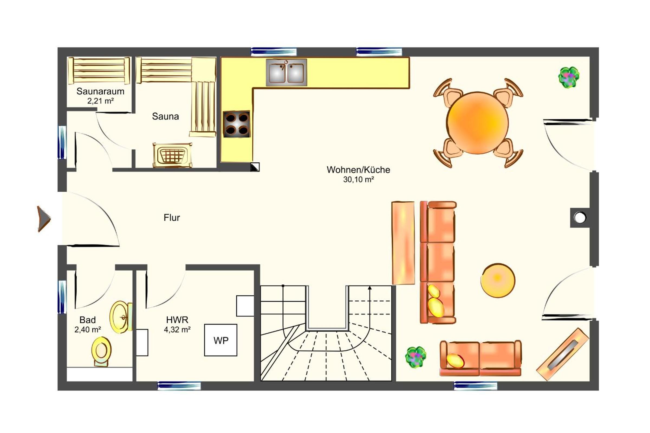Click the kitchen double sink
286,72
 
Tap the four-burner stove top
236,124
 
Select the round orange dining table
477,123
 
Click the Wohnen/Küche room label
358,170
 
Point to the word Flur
172,218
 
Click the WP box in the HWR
220,340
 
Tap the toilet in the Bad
101,352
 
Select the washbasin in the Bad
121,317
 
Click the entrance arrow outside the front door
44,219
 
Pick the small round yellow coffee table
498,280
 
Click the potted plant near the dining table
568,77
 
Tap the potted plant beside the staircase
416,357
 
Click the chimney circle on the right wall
580,218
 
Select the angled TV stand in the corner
563,354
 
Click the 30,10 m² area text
358,179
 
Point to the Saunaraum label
100,91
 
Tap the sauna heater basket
173,155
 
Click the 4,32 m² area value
177,330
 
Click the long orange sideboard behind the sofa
403,243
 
